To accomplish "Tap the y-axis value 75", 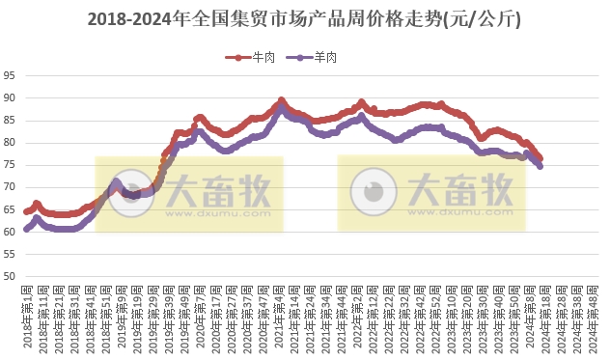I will tap(9, 165).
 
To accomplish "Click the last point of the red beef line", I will tap(541, 158).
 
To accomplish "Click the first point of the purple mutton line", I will tap(27, 229).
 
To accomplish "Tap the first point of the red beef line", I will tap(27, 211).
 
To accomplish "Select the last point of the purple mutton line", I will tap(540, 167).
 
